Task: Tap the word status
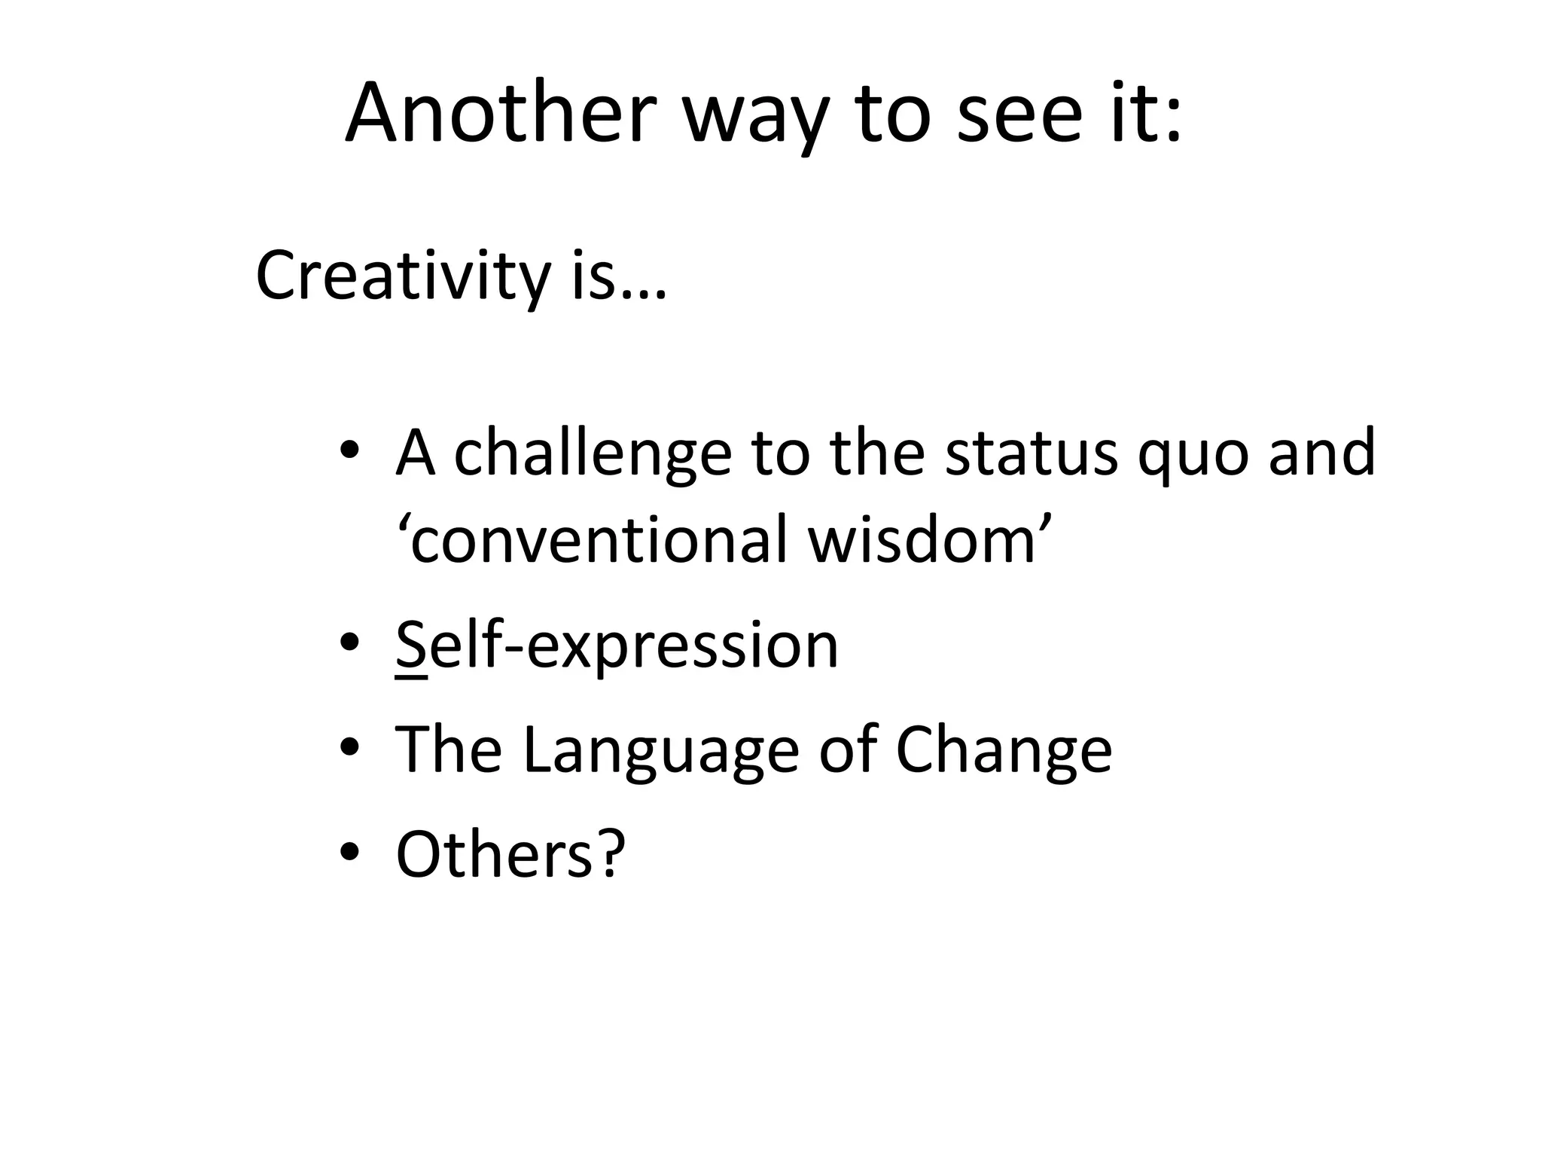coord(1031,453)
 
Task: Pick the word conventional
coord(599,541)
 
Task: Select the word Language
coord(660,752)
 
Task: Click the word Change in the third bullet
coord(1004,752)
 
